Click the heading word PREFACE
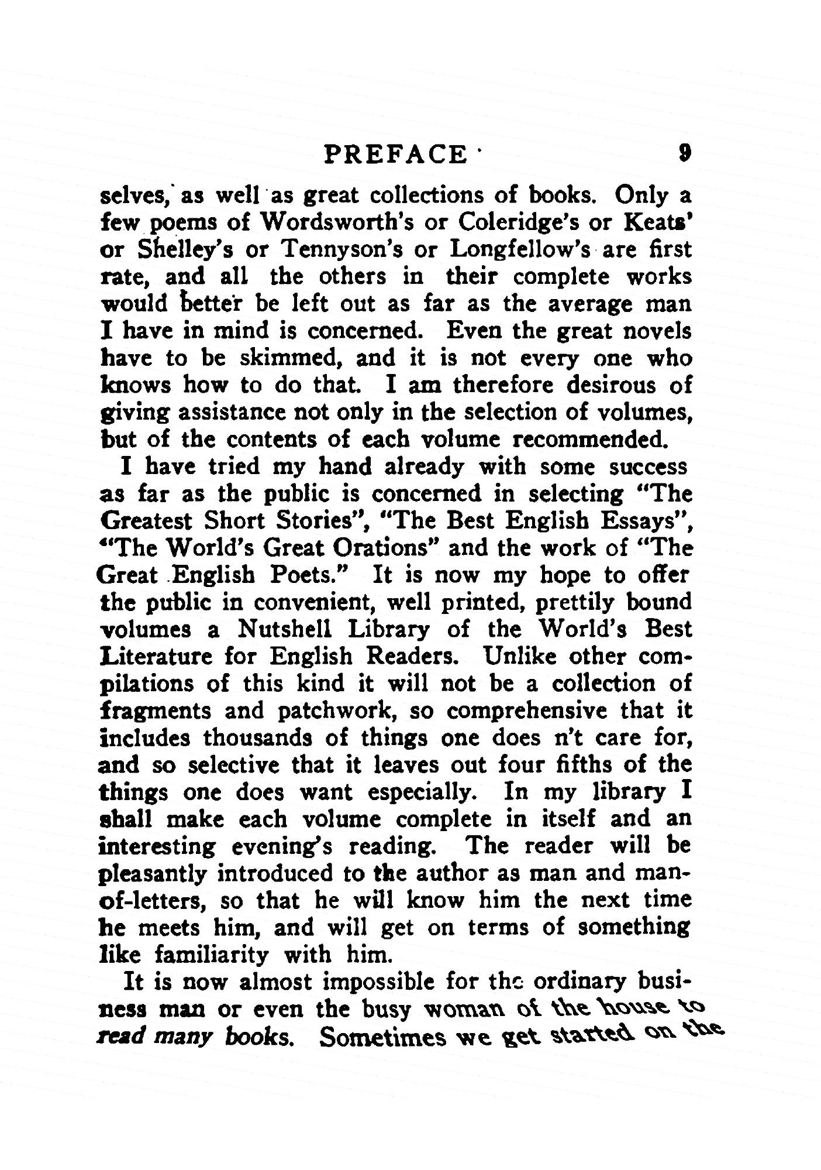point(395,155)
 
